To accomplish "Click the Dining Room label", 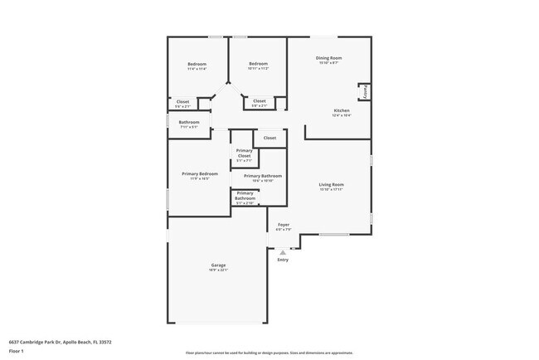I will click(329, 58).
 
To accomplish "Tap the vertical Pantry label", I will click(366, 91).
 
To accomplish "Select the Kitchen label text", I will click(342, 110).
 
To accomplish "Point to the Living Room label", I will click(332, 184).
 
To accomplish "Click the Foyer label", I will click(284, 225).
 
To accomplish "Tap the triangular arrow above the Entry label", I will click(283, 252).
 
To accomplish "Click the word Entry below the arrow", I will click(283, 260).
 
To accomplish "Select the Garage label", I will click(218, 265).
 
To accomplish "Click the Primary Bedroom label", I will click(199, 173).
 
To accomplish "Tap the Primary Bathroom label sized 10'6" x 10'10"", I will click(263, 177).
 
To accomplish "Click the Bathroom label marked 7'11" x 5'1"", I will click(188, 123).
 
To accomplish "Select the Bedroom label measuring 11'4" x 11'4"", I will click(197, 65).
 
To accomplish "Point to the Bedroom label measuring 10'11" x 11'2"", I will click(259, 64).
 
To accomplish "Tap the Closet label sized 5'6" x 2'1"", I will click(182, 102).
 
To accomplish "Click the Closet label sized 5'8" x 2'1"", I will click(260, 101).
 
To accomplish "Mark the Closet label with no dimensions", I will click(269, 138).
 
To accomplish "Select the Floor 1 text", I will click(17, 351).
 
